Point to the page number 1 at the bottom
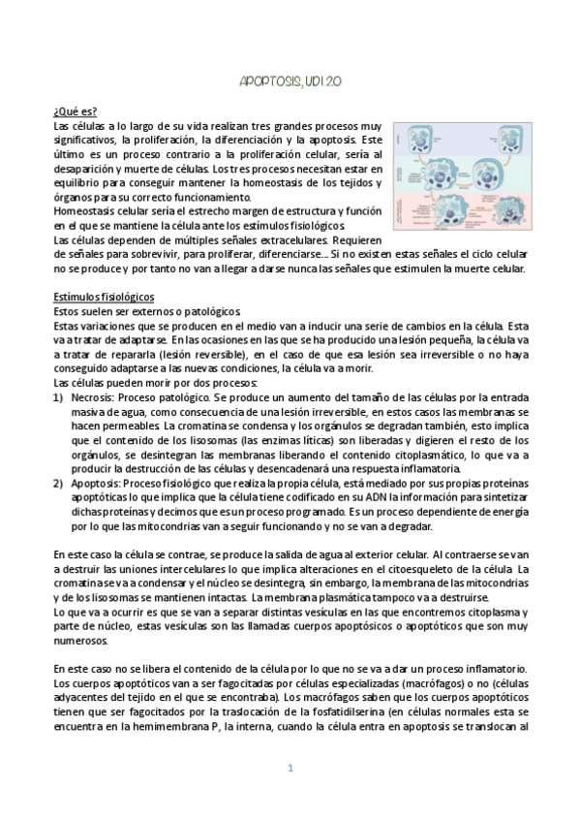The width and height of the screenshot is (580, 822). click(x=290, y=769)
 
